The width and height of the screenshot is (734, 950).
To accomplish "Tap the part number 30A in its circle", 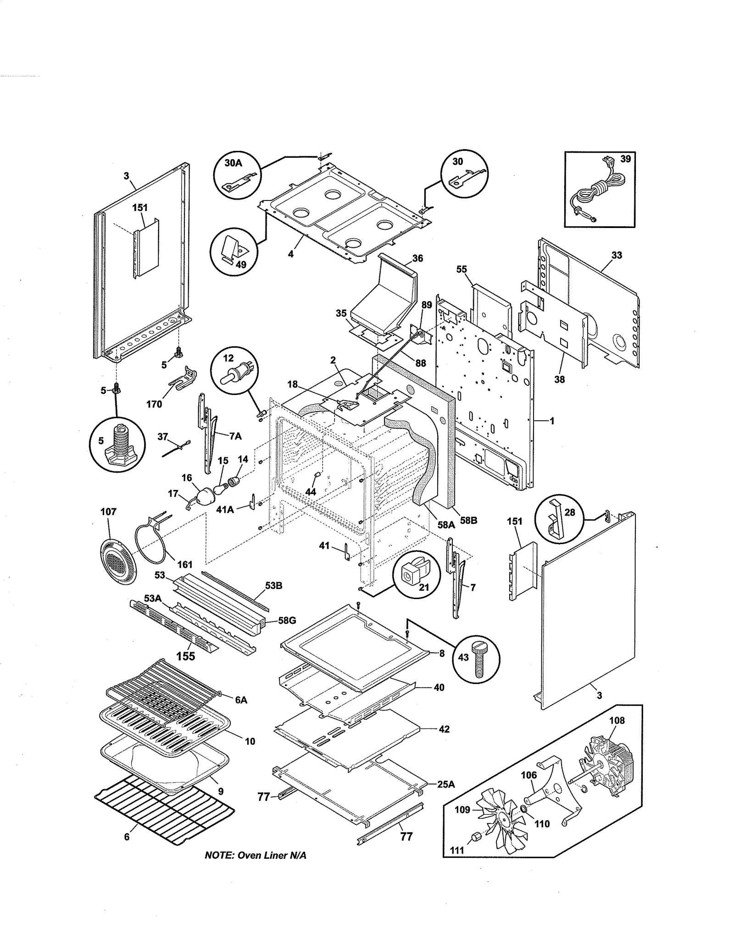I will tap(233, 163).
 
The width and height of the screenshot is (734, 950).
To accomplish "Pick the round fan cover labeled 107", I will tap(117, 561).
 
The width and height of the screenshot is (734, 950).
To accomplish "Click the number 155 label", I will tap(185, 656).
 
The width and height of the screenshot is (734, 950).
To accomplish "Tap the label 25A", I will tap(445, 784).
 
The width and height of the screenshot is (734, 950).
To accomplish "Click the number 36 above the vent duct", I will tap(417, 258).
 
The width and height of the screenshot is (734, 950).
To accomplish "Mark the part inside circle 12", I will tap(234, 374).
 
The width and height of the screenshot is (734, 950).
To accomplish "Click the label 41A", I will tap(225, 509).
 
